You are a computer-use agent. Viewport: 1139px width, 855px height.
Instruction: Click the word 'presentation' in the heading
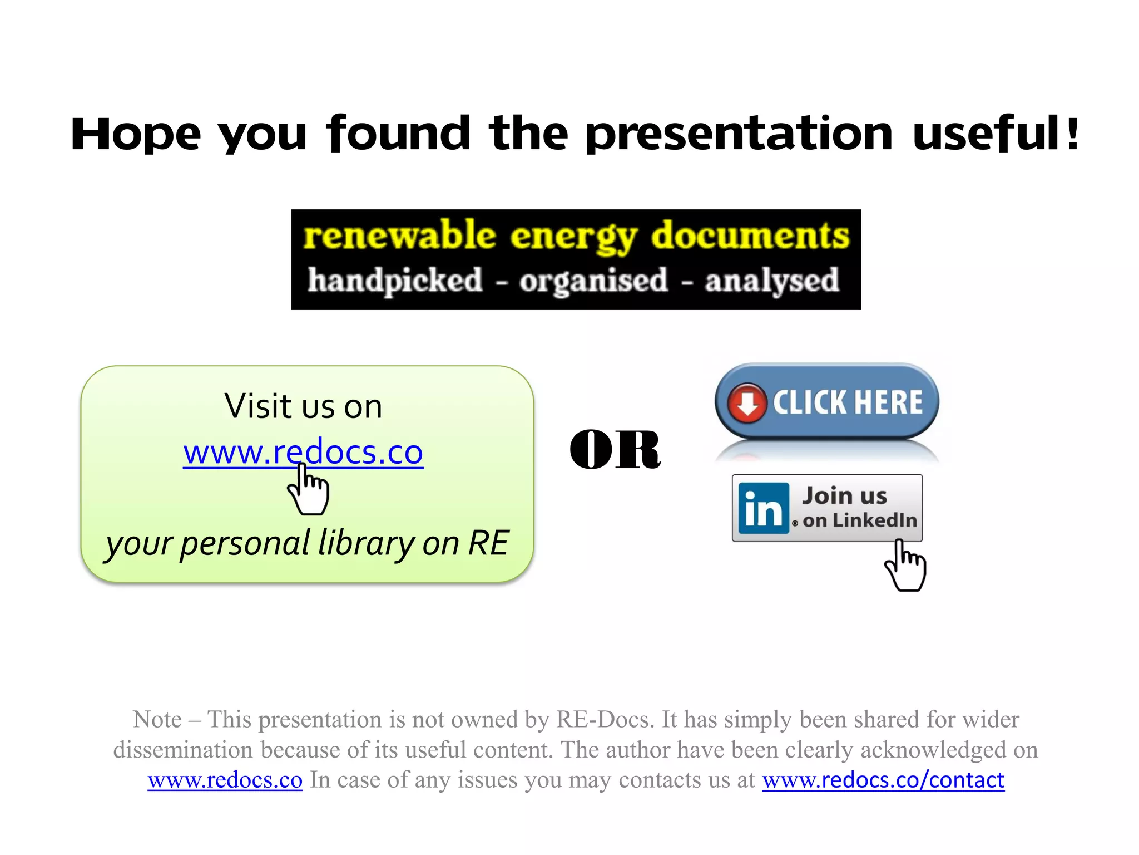pos(740,135)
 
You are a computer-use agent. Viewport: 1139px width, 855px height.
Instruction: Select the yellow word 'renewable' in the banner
pos(399,235)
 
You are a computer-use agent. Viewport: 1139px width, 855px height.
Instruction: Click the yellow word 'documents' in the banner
pos(750,235)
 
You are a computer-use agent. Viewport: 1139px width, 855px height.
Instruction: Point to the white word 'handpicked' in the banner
pos(395,281)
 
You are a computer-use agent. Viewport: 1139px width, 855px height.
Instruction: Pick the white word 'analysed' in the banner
pos(771,281)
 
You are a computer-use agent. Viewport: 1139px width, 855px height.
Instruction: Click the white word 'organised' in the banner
pos(593,281)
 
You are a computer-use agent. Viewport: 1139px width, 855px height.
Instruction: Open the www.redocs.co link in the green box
pos(303,452)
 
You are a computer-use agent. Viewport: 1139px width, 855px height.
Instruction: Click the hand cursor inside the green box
pos(309,490)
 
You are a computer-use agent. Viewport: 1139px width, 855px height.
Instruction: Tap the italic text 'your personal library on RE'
pos(308,543)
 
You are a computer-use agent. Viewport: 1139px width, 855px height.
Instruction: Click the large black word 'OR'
pos(615,450)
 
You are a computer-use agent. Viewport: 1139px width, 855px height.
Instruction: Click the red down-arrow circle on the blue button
pos(747,402)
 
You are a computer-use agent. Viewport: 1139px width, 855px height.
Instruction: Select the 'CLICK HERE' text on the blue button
pos(848,402)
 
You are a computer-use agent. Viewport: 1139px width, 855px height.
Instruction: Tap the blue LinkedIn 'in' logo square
pos(763,508)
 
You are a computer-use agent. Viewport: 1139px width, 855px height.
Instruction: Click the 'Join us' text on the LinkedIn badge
pos(844,495)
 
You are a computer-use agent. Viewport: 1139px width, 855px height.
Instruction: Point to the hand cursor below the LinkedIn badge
pos(905,566)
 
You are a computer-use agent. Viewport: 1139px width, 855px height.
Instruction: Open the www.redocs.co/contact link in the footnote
pos(883,780)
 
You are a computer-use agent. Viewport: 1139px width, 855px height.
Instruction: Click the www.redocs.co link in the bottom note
pos(225,780)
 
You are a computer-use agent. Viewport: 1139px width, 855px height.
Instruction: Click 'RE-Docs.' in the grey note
pos(606,720)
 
